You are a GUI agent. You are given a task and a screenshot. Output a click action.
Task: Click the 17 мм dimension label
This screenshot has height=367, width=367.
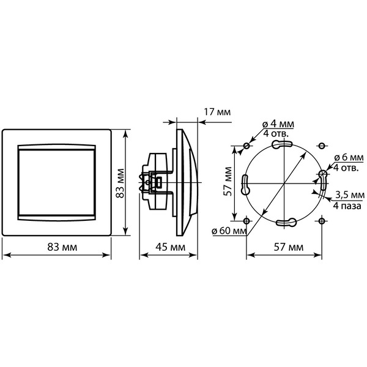pyautogui.click(x=217, y=112)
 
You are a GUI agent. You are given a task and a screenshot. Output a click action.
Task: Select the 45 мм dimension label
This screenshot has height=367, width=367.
pyautogui.click(x=170, y=247)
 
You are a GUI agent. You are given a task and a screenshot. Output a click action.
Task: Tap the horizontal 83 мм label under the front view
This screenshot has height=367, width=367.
pyautogui.click(x=62, y=247)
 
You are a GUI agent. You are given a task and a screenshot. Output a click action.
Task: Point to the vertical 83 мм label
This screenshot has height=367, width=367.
pyautogui.click(x=120, y=183)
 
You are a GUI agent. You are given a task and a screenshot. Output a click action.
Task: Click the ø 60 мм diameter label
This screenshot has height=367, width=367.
pyautogui.click(x=229, y=231)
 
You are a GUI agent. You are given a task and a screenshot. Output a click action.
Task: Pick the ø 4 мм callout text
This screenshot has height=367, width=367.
pyautogui.click(x=278, y=124)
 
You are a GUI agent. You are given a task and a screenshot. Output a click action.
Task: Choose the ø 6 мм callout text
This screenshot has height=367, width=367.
pyautogui.click(x=349, y=158)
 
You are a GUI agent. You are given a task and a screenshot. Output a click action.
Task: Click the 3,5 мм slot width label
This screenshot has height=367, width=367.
pyautogui.click(x=350, y=195)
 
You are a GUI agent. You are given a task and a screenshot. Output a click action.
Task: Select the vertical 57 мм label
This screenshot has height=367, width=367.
pyautogui.click(x=228, y=181)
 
